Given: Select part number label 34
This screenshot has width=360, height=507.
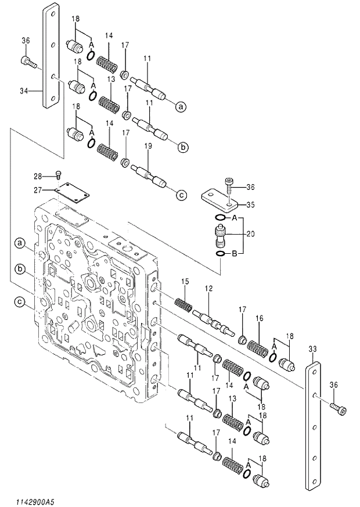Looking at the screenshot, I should coord(24,91).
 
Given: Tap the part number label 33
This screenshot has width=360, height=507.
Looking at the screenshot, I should coord(312,350).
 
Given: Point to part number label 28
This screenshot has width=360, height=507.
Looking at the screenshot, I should coord(37,175).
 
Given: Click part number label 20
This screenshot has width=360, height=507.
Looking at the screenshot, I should coord(250,235).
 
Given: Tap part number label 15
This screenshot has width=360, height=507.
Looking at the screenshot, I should coord(185,282).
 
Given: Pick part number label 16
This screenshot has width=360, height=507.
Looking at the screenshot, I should coord(260,318).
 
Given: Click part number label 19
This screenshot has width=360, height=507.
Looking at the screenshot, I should coord(147,147).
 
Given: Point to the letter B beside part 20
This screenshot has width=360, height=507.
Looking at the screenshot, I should coord(234,253).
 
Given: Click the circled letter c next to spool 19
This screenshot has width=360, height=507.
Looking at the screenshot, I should coord(181,195).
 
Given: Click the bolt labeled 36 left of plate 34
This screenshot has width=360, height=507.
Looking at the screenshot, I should coord(28,60).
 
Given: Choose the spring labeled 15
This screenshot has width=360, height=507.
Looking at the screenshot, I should coord(184,303).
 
